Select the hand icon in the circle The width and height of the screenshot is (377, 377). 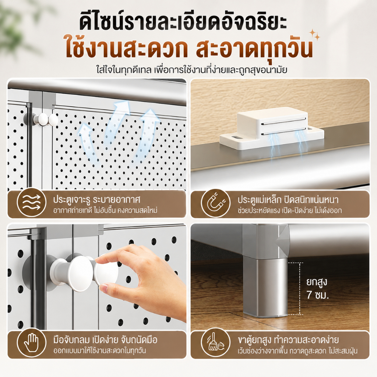pyautogui.click(x=32, y=343)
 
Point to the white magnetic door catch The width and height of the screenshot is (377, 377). pyautogui.click(x=272, y=128)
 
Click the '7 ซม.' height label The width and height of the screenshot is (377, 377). pyautogui.click(x=318, y=295)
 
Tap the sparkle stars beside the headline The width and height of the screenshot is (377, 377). pyautogui.click(x=315, y=35)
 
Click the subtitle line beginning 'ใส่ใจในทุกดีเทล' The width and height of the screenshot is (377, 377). pyautogui.click(x=191, y=70)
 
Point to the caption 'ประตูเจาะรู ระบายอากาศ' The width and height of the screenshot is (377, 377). pyautogui.click(x=97, y=199)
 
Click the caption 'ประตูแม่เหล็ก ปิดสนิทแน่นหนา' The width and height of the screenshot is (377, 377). pyautogui.click(x=288, y=199)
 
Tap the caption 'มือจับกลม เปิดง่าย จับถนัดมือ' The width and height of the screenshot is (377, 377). pyautogui.click(x=105, y=339)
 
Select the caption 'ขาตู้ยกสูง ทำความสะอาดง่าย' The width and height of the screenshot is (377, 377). pyautogui.click(x=288, y=339)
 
